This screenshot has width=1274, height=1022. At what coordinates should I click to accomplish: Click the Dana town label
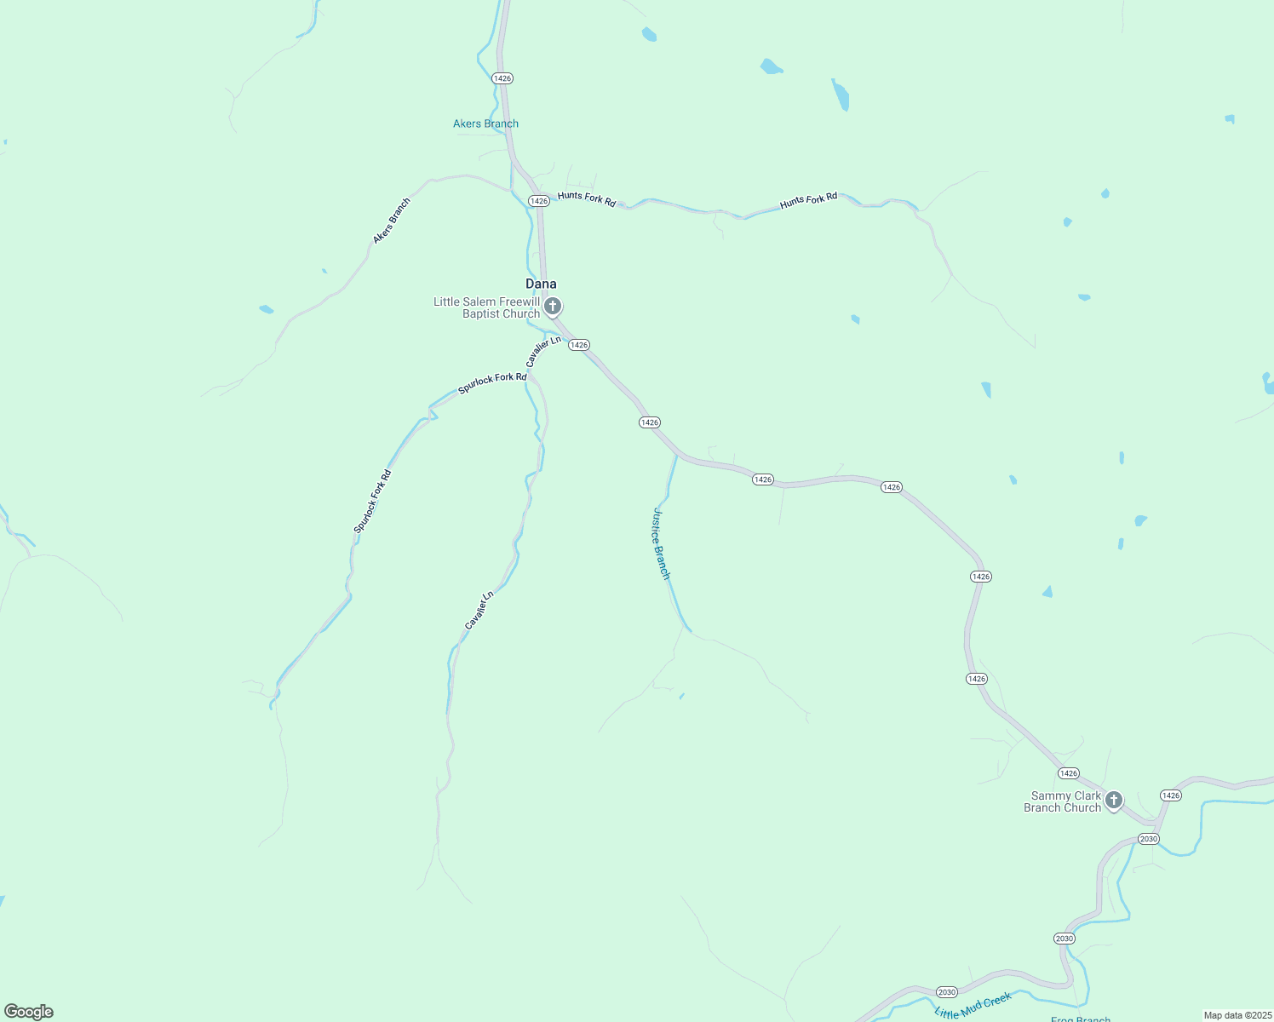pos(541,284)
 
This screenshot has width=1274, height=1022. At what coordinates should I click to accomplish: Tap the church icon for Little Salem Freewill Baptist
pos(553,306)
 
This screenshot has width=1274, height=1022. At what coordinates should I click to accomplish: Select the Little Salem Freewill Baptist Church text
pos(487,307)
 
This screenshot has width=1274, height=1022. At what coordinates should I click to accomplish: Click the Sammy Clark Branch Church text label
pos(1063,801)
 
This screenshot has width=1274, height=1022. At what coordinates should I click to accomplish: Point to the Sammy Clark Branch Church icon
pos(1113,800)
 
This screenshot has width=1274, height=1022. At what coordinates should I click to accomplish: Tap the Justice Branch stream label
pos(662,543)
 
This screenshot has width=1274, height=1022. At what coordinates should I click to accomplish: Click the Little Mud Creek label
pos(973,1005)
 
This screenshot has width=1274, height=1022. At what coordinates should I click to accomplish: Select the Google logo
pos(29,1012)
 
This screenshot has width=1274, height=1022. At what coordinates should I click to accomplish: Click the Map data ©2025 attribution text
pos(1237,1015)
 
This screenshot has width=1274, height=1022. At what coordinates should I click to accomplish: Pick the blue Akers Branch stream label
pos(485,123)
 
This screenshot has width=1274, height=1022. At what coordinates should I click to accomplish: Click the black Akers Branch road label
pos(392,221)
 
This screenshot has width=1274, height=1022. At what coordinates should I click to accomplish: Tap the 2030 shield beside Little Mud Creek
pos(947,991)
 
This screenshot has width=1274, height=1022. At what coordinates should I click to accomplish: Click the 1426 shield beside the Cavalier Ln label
pos(579,345)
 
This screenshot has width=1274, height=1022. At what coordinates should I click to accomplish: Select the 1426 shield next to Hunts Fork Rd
pos(538,201)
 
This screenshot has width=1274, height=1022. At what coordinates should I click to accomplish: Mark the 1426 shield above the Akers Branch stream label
pos(502,78)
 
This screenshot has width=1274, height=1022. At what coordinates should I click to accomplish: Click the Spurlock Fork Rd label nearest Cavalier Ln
pos(492,383)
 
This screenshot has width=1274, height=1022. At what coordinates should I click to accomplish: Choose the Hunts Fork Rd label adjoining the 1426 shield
pos(587,198)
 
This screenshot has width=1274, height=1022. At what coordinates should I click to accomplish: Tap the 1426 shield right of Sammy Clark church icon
pos(1171,795)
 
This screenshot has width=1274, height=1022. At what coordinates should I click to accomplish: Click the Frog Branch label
pos(1081,1019)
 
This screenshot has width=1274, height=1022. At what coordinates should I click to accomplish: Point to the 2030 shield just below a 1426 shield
pos(1149,839)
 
